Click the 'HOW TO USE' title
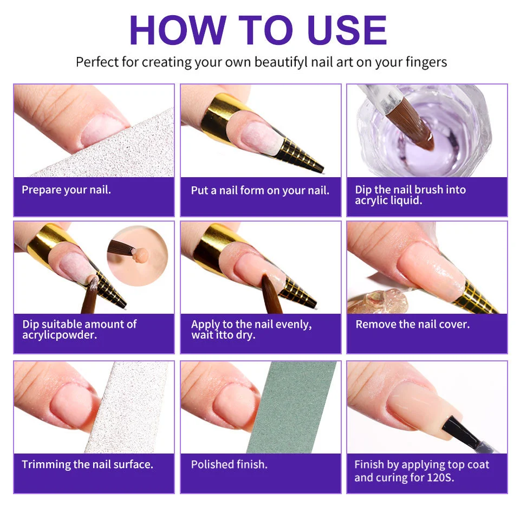258,30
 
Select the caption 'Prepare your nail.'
66,190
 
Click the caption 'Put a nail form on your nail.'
260,191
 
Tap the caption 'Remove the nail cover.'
412,325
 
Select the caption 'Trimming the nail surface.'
87,464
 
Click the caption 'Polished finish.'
229,464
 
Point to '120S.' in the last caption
442,477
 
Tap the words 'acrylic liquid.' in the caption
388,200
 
